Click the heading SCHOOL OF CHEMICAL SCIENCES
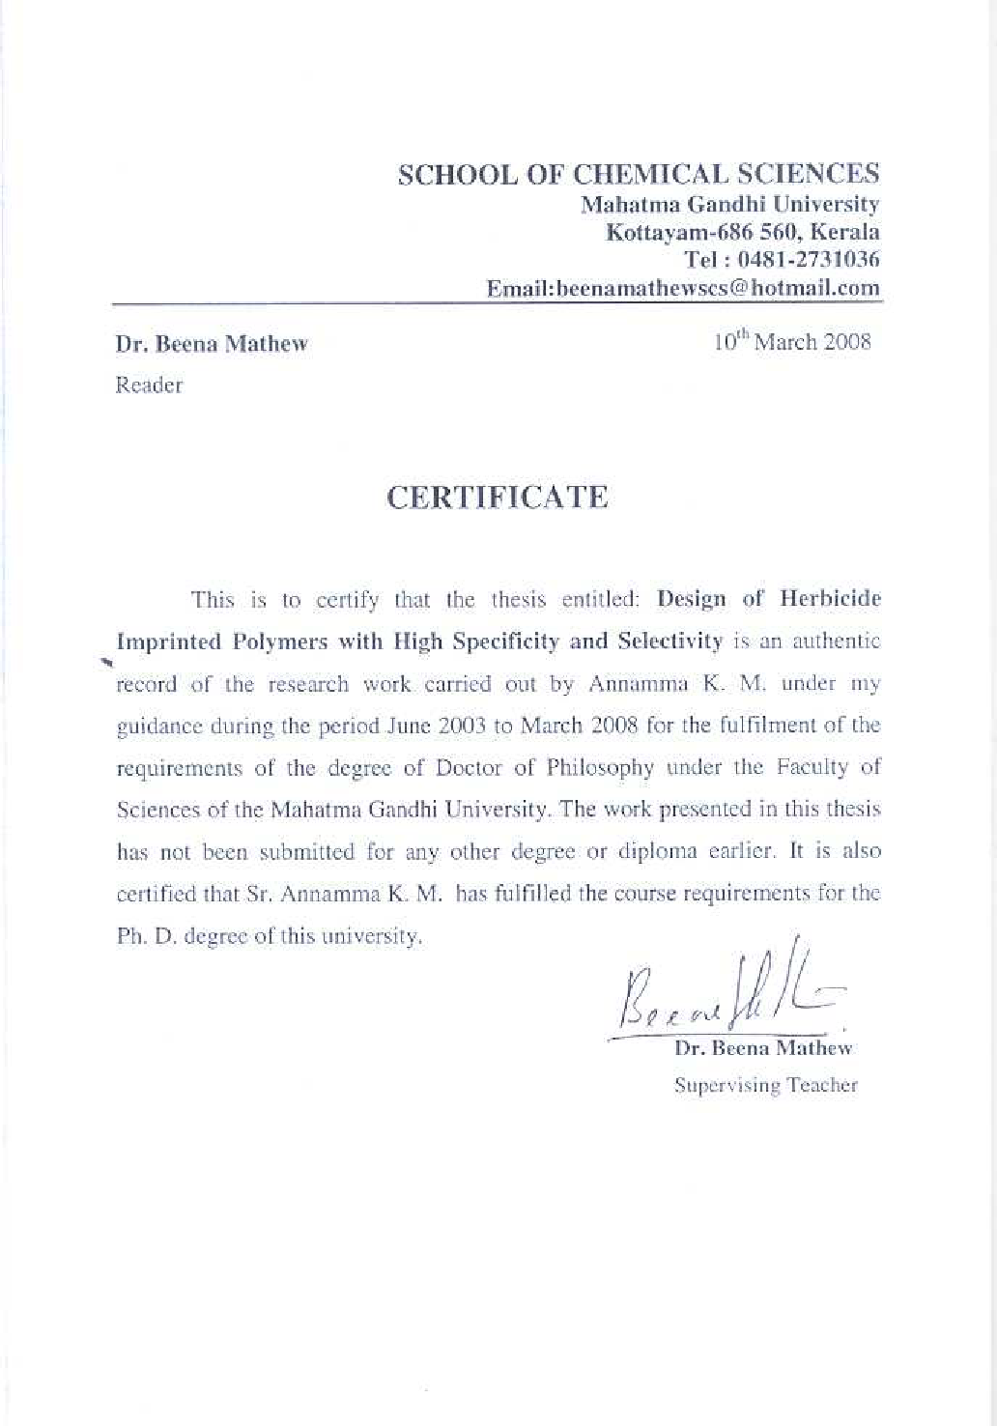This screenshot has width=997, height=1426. point(639,174)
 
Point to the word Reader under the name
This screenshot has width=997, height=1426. point(149,385)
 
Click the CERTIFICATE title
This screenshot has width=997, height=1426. point(498,498)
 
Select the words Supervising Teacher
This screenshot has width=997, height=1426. point(765,1085)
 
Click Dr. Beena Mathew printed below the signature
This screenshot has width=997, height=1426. point(763,1047)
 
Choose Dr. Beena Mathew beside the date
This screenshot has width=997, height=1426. point(212,344)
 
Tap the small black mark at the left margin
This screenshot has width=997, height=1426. point(107,662)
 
